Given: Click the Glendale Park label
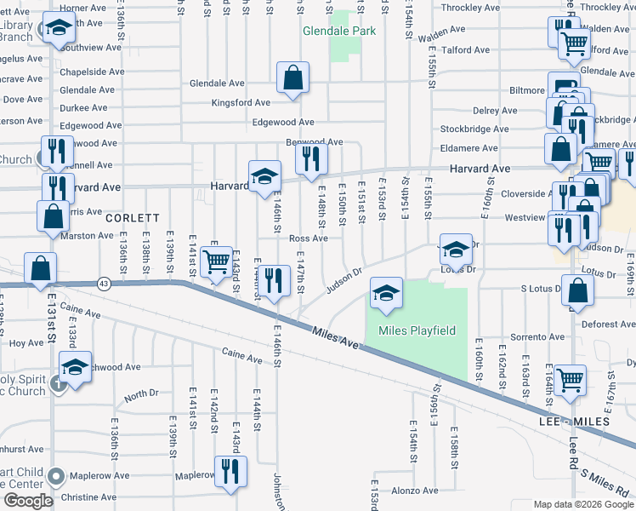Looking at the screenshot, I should point(339,32).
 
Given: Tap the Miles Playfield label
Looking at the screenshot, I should point(417,330).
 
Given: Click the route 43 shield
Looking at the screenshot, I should point(104,284).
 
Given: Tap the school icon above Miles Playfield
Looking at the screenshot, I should point(386,294).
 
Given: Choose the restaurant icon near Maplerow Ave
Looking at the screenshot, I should point(230,471).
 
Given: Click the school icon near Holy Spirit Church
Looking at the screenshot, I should point(76,367).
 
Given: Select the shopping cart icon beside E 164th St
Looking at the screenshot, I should point(570,378).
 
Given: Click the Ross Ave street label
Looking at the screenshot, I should point(308,239).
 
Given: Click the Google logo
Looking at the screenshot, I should point(28,501).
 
